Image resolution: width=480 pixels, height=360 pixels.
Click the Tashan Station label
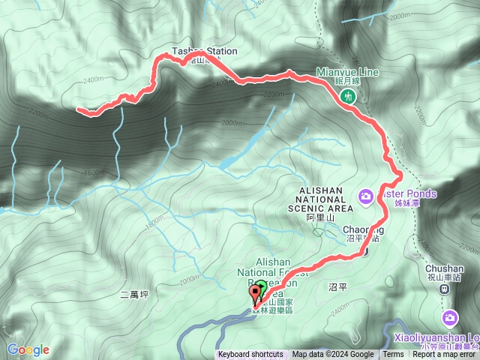(205, 52)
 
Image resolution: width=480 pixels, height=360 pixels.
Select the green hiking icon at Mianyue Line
(348, 95)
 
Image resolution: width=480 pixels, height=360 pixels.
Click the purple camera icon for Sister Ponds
(366, 196)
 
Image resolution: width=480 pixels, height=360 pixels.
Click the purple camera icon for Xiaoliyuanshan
(449, 317)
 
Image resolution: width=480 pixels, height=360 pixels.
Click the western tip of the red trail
(78, 109)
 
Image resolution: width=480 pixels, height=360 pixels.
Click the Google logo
(28, 349)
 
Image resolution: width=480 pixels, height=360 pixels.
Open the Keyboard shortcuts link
(250, 355)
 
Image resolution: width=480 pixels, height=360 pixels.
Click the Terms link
(392, 355)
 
